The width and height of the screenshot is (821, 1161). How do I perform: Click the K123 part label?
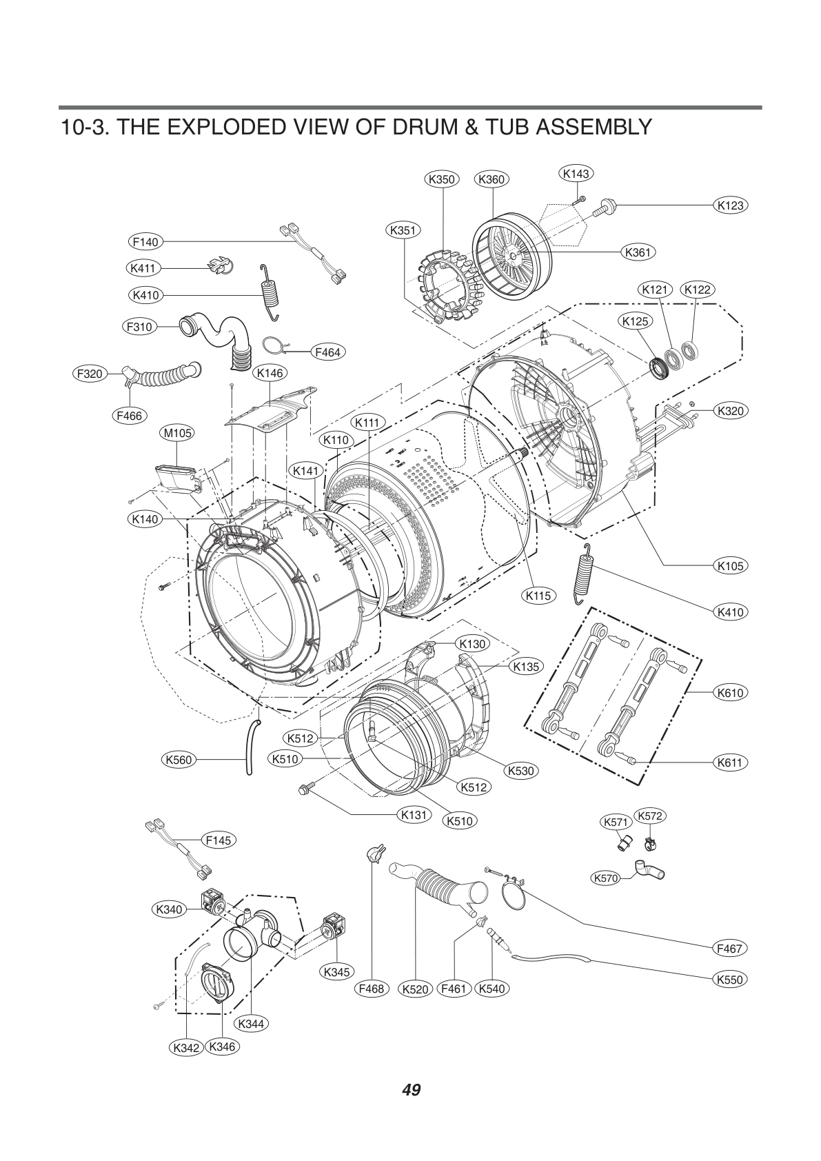pyautogui.click(x=730, y=205)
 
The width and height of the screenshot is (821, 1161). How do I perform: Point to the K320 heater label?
pyautogui.click(x=730, y=411)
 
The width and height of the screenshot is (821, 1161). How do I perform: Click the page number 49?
pyautogui.click(x=411, y=1090)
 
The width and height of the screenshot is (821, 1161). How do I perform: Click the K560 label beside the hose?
pyautogui.click(x=179, y=760)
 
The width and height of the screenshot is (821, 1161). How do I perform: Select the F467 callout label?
pyautogui.click(x=729, y=949)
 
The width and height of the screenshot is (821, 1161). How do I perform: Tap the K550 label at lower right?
pyautogui.click(x=730, y=979)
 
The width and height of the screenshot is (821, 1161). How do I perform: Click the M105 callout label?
pyautogui.click(x=177, y=433)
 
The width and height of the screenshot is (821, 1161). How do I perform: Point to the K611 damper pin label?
pyautogui.click(x=730, y=763)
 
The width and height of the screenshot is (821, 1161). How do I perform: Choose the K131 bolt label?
pyautogui.click(x=416, y=815)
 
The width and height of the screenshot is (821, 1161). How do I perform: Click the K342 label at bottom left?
pyautogui.click(x=186, y=1048)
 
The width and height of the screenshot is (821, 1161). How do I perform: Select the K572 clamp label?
pyautogui.click(x=649, y=816)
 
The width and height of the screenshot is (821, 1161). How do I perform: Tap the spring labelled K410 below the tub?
pyautogui.click(x=585, y=573)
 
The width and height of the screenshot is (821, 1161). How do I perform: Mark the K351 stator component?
pyautogui.click(x=447, y=286)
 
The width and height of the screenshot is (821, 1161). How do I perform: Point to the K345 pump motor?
pyautogui.click(x=335, y=927)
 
